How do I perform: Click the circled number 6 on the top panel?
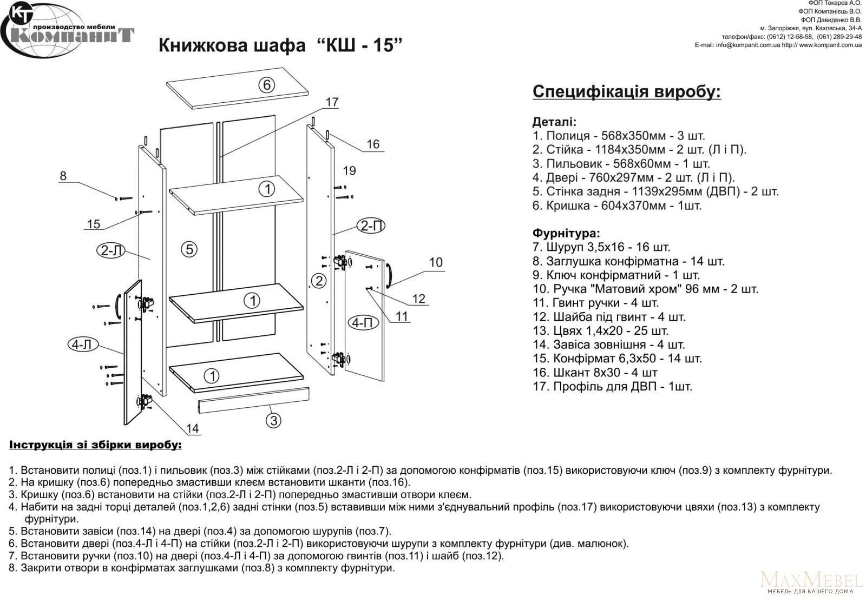(x=266, y=85)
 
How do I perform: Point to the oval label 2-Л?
(x=110, y=250)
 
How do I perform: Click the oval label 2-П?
(x=371, y=226)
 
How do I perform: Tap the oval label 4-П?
(x=362, y=322)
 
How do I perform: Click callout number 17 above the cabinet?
(x=332, y=102)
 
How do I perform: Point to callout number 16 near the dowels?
(x=373, y=144)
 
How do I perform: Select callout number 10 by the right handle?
(x=436, y=262)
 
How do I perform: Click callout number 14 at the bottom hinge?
(x=193, y=429)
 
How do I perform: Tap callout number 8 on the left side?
(x=63, y=176)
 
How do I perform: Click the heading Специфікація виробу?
(x=627, y=91)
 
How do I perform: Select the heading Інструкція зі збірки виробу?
(x=96, y=445)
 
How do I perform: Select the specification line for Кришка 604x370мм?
(x=617, y=206)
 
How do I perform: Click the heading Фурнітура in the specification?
(x=566, y=234)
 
